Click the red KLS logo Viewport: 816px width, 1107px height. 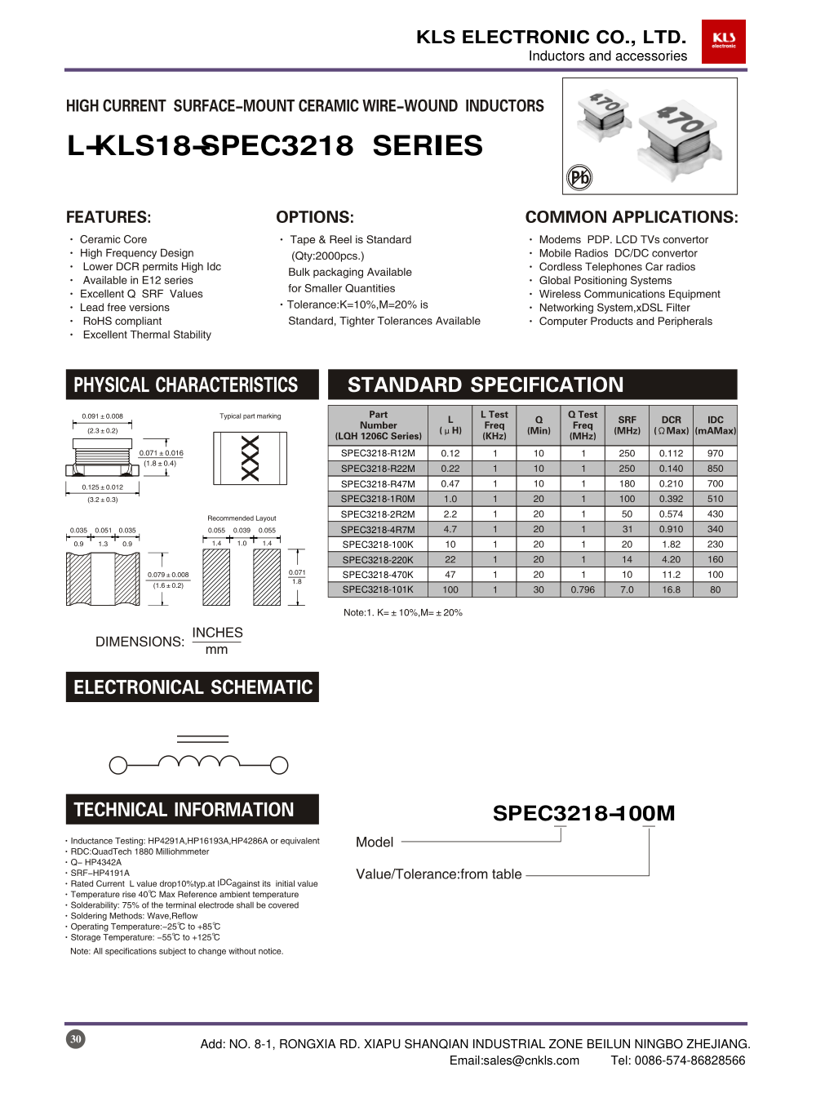point(723,41)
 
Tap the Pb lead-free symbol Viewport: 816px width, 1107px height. point(579,177)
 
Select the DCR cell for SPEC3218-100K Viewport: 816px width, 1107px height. point(671,545)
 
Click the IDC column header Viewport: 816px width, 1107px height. point(715,425)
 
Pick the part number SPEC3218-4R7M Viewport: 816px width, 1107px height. point(378,529)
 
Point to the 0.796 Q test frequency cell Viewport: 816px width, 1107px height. point(583,589)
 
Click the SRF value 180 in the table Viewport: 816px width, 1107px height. point(627,484)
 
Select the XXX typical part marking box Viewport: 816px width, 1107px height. point(250,458)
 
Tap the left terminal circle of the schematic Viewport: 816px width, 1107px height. point(118,765)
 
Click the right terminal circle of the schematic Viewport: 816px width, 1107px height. point(279,765)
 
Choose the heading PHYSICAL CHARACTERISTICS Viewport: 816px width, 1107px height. point(186,385)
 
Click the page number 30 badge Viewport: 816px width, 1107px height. point(75,1038)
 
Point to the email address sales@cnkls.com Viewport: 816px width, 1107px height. point(514,1060)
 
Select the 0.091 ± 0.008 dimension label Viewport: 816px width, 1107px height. point(102,416)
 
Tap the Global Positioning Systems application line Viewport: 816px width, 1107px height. point(605,280)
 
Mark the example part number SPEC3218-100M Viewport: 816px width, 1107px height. point(583,813)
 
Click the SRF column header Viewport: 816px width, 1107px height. point(627,425)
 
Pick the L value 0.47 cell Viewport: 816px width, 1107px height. point(450,484)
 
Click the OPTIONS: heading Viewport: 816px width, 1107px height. point(315,217)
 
